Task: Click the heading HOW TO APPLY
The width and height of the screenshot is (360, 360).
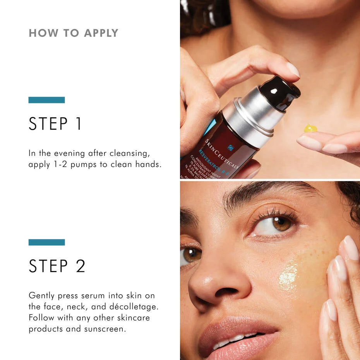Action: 74,33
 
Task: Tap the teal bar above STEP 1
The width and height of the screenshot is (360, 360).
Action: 46,100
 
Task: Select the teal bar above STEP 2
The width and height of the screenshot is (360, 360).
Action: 46,242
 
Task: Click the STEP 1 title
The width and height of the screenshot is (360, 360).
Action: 55,124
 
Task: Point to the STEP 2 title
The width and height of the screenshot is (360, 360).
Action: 57,266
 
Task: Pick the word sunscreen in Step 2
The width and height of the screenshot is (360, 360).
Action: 113,329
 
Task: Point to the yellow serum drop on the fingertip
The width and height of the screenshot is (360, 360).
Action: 310,128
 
